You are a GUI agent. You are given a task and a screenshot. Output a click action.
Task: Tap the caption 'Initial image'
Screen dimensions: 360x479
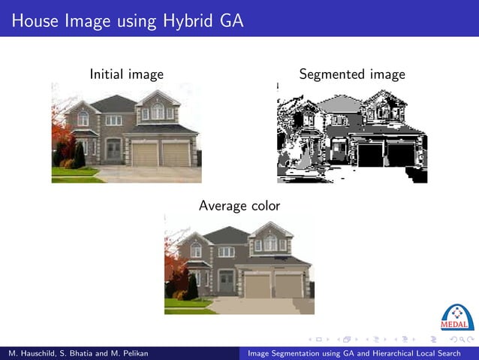coord(126,74)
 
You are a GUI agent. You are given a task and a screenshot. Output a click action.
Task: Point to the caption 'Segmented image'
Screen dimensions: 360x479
coord(351,74)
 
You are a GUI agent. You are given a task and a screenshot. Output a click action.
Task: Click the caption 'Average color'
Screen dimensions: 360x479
coord(239,205)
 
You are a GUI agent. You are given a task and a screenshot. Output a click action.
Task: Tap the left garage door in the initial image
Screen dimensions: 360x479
coord(144,155)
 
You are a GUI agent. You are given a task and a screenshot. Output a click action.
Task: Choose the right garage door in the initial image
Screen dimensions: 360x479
coord(176,155)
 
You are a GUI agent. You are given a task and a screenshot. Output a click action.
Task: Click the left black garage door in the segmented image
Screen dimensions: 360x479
coord(370,156)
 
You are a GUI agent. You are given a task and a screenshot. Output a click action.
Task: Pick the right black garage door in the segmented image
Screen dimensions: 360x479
coord(401,156)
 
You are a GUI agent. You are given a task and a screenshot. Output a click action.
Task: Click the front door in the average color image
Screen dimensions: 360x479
coord(226,282)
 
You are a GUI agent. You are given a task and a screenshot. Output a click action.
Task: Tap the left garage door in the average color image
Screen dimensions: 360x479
coord(258,286)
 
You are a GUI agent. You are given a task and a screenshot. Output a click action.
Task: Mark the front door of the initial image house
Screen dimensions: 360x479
coord(113,151)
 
